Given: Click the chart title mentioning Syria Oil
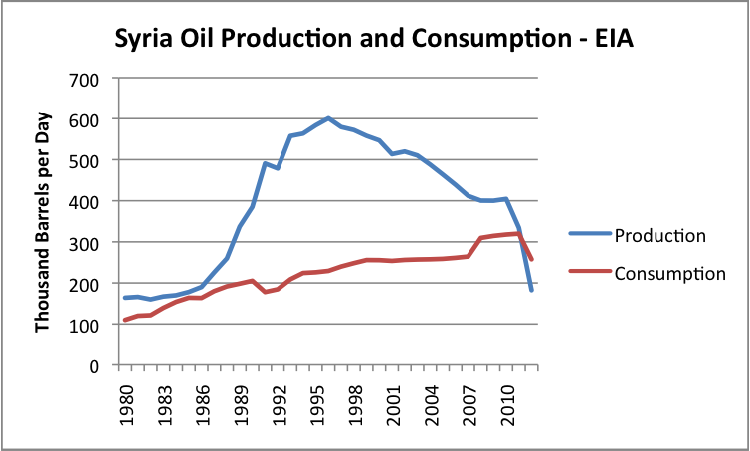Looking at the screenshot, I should (x=374, y=41).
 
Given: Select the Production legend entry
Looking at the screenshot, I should (x=660, y=235).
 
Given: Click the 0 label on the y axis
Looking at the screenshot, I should (x=97, y=365).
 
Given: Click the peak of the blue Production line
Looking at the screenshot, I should (x=329, y=118).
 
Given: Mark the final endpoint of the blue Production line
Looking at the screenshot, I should (x=532, y=290).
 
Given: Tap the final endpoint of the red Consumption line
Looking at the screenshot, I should (x=532, y=259).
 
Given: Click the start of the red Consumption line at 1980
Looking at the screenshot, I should (x=124, y=320).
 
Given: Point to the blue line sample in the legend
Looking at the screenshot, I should (x=588, y=235).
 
